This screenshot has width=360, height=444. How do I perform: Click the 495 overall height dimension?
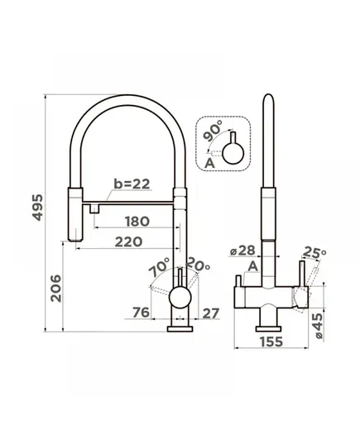38,208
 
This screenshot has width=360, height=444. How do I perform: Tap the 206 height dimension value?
55,288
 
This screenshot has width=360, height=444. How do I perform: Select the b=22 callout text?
132,184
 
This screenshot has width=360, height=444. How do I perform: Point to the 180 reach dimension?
137,222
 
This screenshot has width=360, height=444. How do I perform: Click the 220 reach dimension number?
128,241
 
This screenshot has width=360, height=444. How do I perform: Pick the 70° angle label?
159,267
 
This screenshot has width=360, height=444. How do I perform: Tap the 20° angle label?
198,264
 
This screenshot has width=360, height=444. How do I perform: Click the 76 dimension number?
141,313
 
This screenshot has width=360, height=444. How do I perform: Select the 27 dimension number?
210,313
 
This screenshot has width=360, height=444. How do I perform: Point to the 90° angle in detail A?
214,131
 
